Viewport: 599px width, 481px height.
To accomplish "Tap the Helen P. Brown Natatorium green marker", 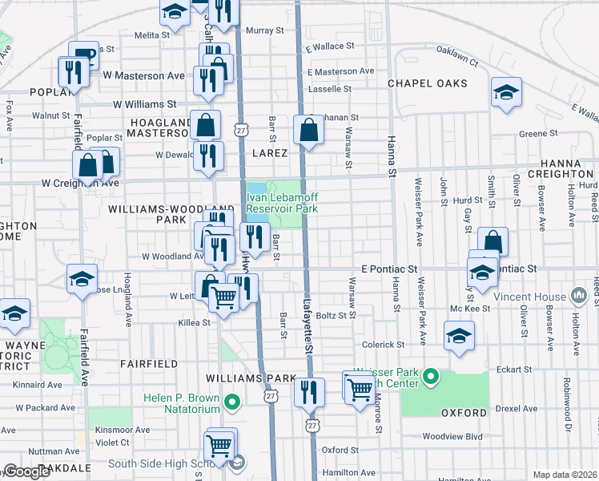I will pos(232,402).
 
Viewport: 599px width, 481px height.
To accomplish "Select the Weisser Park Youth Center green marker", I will pos(431,376).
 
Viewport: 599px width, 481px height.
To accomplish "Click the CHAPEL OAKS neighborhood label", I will pos(428,83).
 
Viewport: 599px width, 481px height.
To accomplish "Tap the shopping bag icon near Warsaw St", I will pos(308,129).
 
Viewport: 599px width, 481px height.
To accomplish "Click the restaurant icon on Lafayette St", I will pos(308,392).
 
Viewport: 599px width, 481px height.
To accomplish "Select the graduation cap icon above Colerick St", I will pos(459,335).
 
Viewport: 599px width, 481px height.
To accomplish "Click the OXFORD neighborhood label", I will pos(464,413).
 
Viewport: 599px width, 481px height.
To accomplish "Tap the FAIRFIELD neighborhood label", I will pos(149,363).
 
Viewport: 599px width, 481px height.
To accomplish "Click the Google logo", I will pos(26,471).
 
